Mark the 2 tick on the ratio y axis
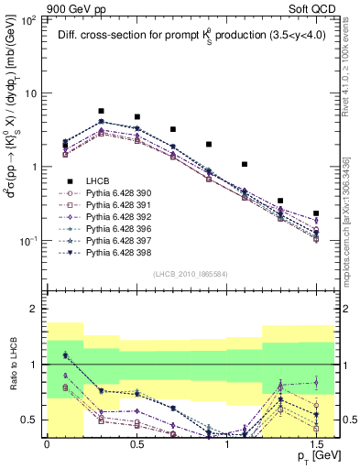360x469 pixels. [38, 310]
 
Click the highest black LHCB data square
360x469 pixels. [101, 111]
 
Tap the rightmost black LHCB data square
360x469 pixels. [316, 213]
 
